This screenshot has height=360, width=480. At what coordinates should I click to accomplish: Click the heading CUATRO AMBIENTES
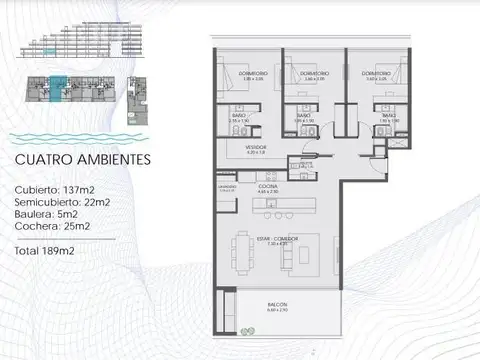pos(83,158)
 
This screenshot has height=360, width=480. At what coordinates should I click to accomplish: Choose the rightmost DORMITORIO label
pos(376,73)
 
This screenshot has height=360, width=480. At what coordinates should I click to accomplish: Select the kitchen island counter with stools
pos(276,213)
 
